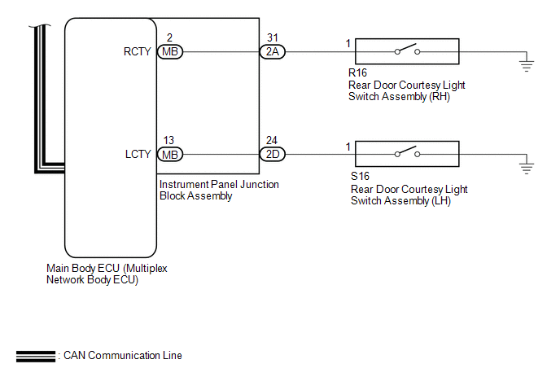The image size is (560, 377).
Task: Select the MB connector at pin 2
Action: (x=170, y=52)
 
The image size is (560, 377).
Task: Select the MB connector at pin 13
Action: (x=170, y=154)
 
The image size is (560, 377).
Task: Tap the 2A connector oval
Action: (x=271, y=52)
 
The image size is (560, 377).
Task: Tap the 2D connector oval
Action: (x=271, y=154)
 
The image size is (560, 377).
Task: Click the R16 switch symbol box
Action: (x=406, y=52)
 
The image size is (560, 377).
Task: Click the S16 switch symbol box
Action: (x=406, y=154)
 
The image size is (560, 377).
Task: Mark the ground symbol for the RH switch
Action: (x=527, y=65)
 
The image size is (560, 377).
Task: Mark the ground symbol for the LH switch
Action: (x=527, y=167)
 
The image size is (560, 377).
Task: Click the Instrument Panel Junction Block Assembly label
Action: (x=219, y=190)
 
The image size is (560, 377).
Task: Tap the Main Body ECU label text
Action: (x=108, y=273)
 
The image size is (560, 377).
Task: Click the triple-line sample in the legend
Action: (x=35, y=356)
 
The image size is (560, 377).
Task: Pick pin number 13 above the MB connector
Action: (x=168, y=139)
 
